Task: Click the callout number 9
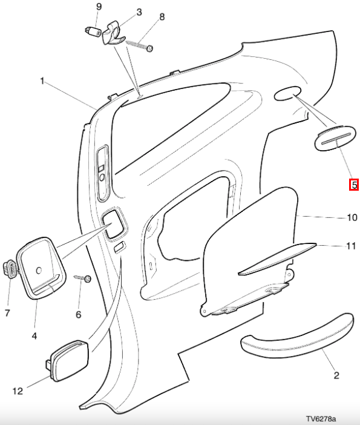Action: coord(99,7)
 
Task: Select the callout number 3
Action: coord(139,12)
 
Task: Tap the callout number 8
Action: coord(162,17)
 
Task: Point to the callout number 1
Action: coord(42,81)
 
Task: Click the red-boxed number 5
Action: coord(354,185)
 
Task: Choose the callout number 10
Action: coord(352,217)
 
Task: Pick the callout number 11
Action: coord(352,246)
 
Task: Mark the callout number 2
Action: coord(336,375)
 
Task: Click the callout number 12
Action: coord(18,391)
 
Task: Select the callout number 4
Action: coord(34,336)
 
